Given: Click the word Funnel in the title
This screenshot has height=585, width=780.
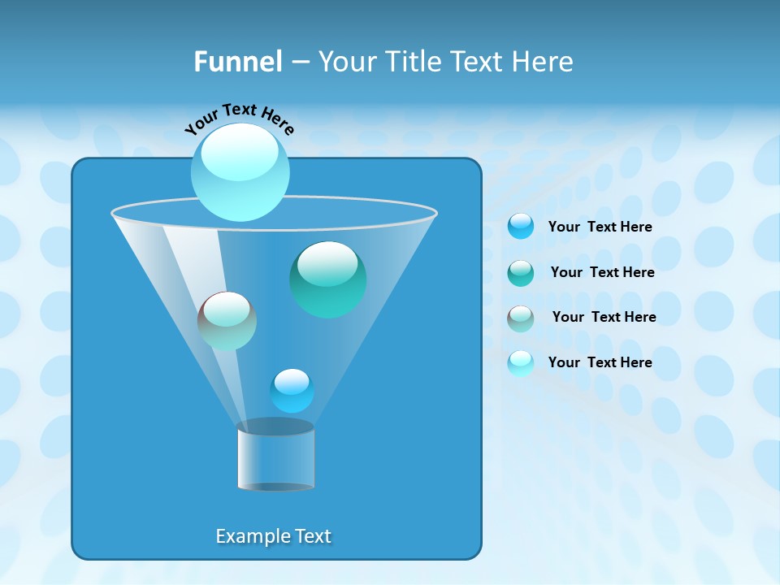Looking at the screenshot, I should click(237, 62).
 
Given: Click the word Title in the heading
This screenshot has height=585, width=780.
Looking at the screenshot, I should click(414, 62).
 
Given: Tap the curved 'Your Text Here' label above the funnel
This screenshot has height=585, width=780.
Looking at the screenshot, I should click(239, 119).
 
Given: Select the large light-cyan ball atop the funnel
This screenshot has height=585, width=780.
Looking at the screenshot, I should click(240, 171).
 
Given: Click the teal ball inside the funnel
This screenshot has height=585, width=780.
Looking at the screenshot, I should click(327, 279).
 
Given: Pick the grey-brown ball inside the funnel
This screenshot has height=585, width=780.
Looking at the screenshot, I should click(227, 321).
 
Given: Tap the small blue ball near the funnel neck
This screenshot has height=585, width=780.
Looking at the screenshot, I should click(292, 391).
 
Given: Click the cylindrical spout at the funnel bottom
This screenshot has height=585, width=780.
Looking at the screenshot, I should click(275, 457).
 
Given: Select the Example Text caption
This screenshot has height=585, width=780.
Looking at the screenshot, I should click(273, 536).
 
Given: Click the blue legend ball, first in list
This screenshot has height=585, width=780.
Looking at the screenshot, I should click(521, 227).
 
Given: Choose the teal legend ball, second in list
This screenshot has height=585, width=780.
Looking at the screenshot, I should click(521, 273).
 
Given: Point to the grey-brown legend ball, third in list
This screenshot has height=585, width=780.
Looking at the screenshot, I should click(521, 318).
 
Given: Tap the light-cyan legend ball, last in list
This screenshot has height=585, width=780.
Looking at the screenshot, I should click(521, 363).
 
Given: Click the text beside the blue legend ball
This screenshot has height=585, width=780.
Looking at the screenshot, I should click(600, 227).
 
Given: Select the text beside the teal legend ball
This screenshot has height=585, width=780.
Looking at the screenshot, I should click(602, 273).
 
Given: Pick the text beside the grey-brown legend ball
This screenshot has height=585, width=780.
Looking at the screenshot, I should click(604, 318).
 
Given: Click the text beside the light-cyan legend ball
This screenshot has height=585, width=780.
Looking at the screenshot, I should click(600, 363).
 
